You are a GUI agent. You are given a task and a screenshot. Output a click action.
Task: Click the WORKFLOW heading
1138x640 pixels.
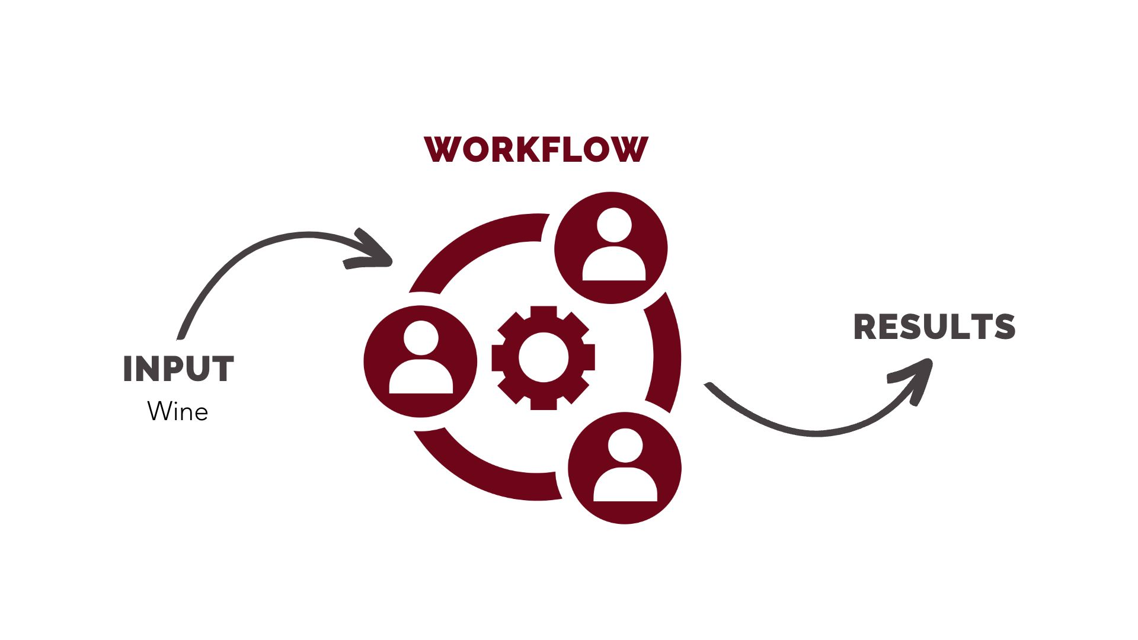click(x=536, y=149)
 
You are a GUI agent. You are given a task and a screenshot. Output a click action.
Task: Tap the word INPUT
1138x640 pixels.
click(x=178, y=369)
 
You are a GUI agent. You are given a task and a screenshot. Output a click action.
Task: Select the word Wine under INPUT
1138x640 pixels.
click(x=178, y=411)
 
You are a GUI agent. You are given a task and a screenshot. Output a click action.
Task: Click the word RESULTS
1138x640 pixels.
click(x=934, y=327)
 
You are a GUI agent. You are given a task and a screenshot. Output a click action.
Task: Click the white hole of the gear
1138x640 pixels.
click(x=543, y=357)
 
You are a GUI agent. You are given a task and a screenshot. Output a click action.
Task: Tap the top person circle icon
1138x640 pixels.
click(x=610, y=248)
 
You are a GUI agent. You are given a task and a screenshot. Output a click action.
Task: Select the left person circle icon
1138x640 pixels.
click(x=420, y=361)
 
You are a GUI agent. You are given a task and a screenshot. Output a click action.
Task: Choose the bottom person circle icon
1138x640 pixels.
click(x=625, y=468)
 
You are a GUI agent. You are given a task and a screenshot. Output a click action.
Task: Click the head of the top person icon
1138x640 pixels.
click(x=613, y=225)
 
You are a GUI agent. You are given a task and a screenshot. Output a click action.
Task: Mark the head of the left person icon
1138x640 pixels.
click(x=421, y=338)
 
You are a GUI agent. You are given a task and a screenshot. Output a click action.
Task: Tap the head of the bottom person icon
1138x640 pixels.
click(x=625, y=445)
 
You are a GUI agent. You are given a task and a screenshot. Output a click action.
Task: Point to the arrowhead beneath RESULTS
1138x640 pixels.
click(x=916, y=376)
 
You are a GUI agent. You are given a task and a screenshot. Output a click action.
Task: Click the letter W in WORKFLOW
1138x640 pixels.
click(x=442, y=149)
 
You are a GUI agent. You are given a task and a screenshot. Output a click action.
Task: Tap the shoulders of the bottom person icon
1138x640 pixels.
click(x=625, y=486)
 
